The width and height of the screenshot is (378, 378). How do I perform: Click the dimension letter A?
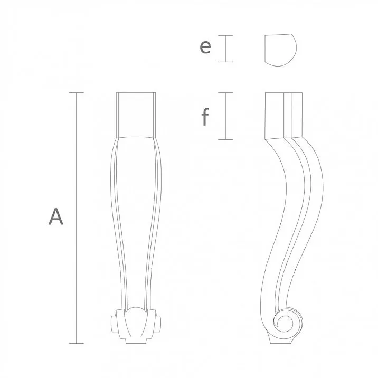click(x=56, y=217)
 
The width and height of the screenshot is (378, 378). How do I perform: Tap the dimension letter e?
click(x=205, y=48)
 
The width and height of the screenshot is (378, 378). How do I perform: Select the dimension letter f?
click(x=205, y=117)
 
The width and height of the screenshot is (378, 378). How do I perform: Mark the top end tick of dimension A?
click(x=77, y=93)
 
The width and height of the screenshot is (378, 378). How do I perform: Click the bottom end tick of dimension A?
click(x=77, y=344)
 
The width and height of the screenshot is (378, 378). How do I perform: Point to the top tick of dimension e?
click(x=226, y=35)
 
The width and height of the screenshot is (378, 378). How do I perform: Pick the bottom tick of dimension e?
click(x=226, y=62)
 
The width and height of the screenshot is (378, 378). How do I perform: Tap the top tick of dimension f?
click(x=226, y=93)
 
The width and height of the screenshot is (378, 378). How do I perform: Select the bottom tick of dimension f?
click(x=226, y=139)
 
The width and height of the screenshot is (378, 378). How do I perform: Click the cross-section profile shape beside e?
click(x=279, y=50)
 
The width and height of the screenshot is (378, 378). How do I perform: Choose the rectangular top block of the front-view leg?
click(x=137, y=114)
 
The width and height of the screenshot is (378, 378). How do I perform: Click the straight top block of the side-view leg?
click(x=284, y=114)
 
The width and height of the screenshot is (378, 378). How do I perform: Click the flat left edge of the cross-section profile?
click(x=264, y=50)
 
